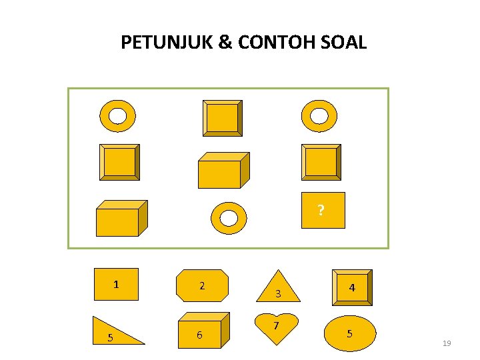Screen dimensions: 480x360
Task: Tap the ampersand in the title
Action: tap(226, 43)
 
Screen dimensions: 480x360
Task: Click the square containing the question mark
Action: tap(323, 211)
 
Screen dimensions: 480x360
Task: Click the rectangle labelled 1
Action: tap(116, 285)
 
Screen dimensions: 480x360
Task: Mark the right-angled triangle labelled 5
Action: tap(117, 331)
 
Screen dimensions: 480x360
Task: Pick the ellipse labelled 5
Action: tap(350, 332)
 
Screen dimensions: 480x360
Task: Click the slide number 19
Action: tap(447, 343)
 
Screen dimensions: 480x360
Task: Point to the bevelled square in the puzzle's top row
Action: tap(222, 118)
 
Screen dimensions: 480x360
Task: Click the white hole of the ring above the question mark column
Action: tap(320, 116)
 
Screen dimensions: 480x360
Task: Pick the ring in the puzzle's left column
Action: tap(117, 116)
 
